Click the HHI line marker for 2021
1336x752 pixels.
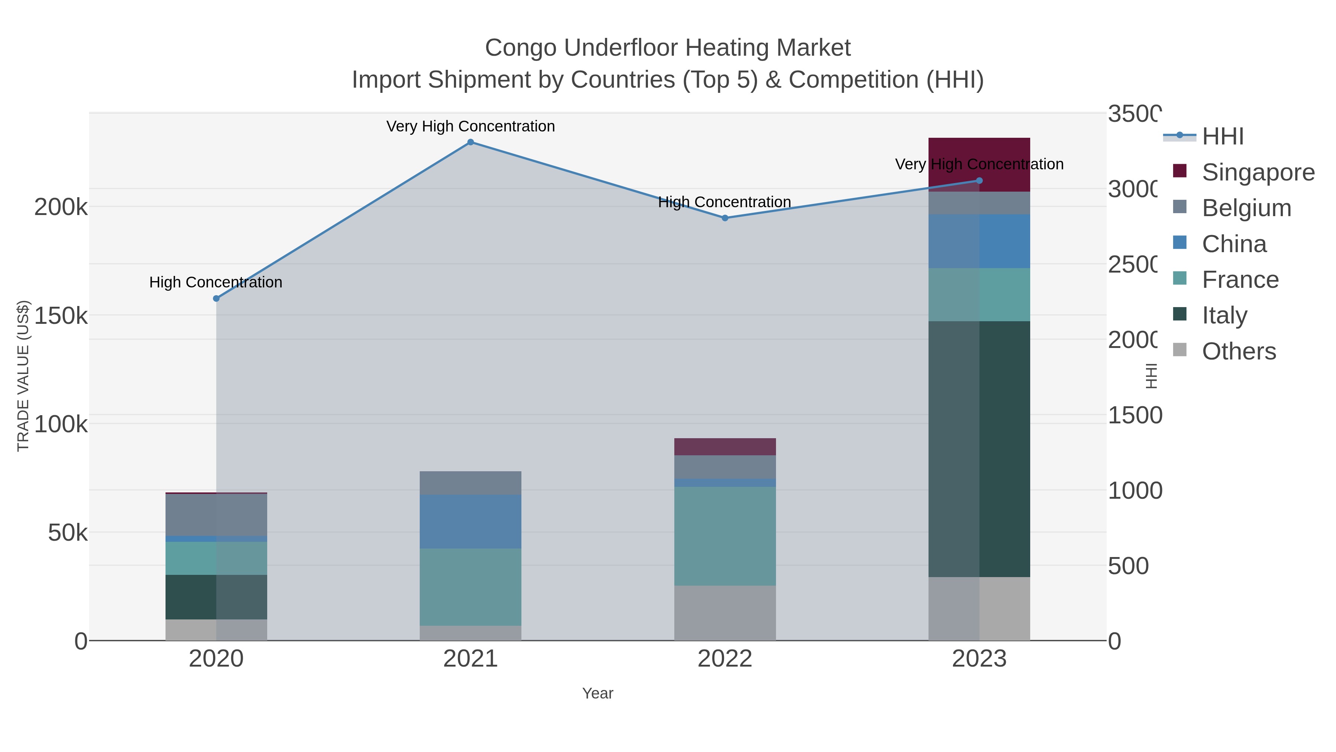(x=471, y=142)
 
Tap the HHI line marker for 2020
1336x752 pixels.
(x=216, y=299)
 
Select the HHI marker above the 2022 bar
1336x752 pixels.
(x=725, y=218)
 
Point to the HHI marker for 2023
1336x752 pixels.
(x=979, y=180)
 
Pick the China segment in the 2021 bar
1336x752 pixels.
(x=471, y=522)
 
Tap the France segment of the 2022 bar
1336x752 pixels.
(x=725, y=536)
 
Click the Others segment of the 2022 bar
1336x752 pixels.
(x=725, y=613)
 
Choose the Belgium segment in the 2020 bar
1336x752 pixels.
(x=216, y=514)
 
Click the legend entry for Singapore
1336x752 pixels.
(x=1258, y=172)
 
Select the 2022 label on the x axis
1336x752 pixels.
(x=725, y=659)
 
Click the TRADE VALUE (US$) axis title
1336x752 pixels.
(x=23, y=376)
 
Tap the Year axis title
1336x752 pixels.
(x=597, y=693)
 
